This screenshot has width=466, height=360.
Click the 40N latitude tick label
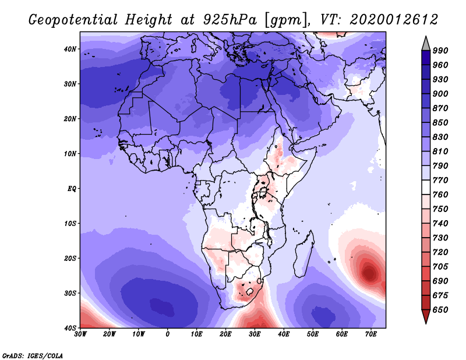coord(70,49)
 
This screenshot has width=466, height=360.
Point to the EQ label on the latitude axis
coord(72,189)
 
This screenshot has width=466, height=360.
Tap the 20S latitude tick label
coord(70,258)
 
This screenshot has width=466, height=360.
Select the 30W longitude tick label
coord(80,334)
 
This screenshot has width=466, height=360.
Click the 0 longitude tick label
coord(168,334)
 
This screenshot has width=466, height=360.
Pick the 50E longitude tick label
coord(313,334)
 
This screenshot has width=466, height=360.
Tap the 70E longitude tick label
coord(371,334)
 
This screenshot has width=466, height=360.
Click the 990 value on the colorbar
coord(440,51)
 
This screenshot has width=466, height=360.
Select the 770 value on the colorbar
coord(440,180)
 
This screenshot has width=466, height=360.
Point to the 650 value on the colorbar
coord(440,310)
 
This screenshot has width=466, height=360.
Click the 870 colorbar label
coord(440,108)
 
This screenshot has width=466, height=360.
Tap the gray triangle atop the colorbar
coord(426,45)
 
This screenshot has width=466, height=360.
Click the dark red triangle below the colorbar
coord(426,315)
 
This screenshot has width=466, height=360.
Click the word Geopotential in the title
coord(73,20)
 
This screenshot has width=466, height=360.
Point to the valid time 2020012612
coord(394,20)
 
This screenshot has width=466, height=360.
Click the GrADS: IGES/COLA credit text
coord(33,356)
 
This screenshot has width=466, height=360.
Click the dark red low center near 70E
coord(369,273)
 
